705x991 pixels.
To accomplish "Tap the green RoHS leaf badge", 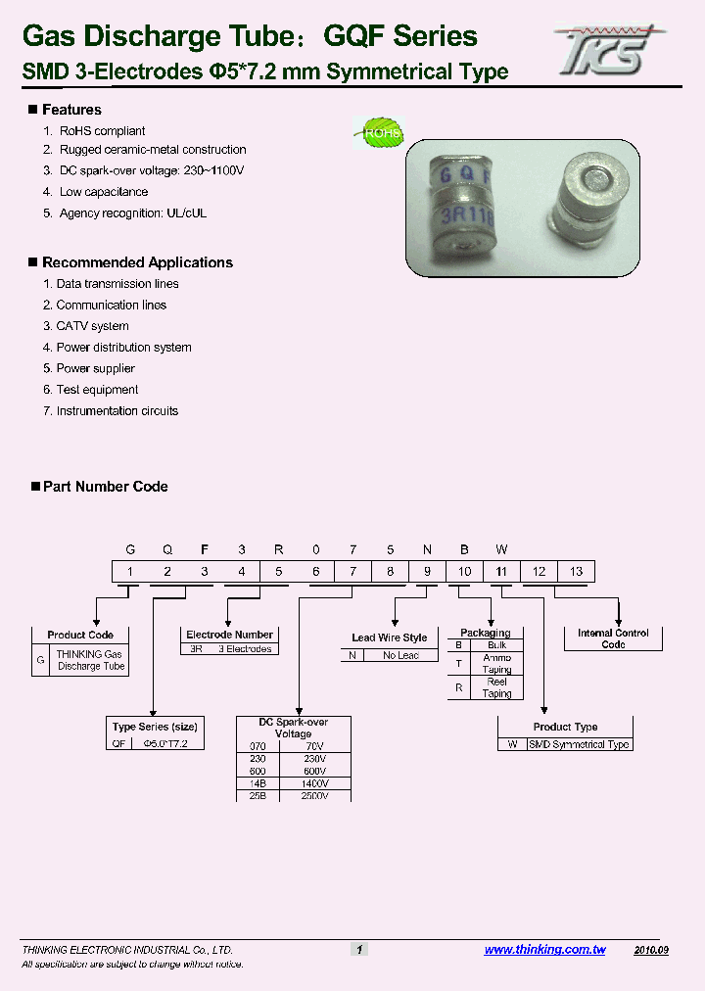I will click(378, 132).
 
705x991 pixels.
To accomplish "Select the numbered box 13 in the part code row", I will click(576, 572).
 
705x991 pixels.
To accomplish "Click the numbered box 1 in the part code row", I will click(130, 572).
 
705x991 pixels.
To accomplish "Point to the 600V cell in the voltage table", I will click(313, 771).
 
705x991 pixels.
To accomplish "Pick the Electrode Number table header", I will click(230, 635).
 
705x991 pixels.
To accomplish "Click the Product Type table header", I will click(565, 727).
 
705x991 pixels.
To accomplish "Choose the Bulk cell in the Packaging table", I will click(496, 645).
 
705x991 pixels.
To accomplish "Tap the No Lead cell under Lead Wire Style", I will click(401, 656).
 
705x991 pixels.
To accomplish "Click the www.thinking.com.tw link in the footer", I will click(544, 950).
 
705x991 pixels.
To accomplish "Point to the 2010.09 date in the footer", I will click(651, 950).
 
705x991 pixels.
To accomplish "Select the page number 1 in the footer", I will click(359, 950).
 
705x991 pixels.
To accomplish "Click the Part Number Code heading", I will click(105, 487).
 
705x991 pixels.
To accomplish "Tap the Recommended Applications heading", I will click(137, 262).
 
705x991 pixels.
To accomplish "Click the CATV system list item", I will click(92, 326).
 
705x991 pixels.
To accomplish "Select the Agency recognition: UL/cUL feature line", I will click(133, 213).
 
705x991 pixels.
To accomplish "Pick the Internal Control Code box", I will click(613, 638).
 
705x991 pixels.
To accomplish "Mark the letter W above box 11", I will click(500, 549).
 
